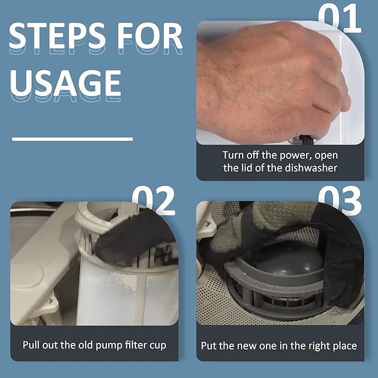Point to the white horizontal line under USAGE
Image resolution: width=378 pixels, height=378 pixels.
pyautogui.click(x=72, y=139)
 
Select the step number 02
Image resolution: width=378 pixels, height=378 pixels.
pyautogui.click(x=153, y=201)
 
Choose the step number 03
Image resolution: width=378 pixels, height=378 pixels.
pyautogui.click(x=340, y=201)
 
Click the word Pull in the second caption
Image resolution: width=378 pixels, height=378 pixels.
pyautogui.click(x=32, y=345)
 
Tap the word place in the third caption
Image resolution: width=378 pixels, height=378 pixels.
pyautogui.click(x=343, y=346)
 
